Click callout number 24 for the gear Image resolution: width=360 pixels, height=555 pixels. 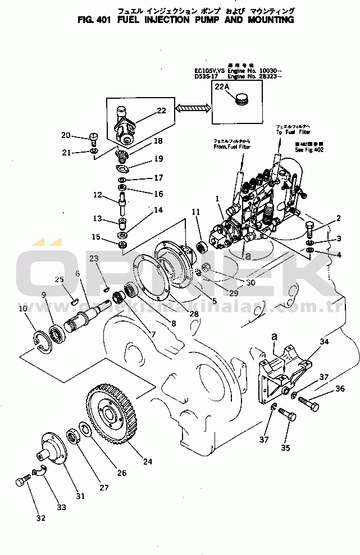tap(148, 462)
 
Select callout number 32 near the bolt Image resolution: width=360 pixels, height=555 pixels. tap(40, 518)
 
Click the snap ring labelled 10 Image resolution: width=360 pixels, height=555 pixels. tap(41, 343)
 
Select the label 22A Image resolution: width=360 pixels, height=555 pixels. tap(221, 87)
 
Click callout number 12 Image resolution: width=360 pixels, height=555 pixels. tap(98, 195)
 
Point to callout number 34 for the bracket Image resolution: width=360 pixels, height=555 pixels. tap(324, 342)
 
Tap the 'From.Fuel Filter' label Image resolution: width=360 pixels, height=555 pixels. tap(229, 146)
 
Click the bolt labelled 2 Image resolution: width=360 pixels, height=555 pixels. tap(310, 229)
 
